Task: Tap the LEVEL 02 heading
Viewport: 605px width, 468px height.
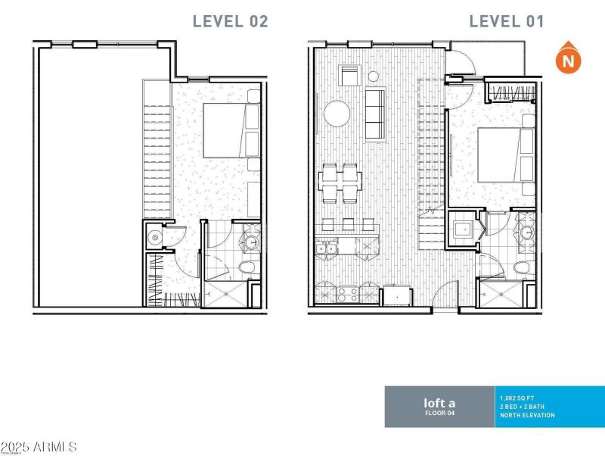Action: pos(230,21)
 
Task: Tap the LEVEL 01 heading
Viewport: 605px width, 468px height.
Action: pos(506,21)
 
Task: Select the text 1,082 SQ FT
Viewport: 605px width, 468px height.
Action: pos(517,397)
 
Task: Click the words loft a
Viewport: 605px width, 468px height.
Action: pos(439,403)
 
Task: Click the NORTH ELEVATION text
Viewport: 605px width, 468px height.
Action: pos(528,415)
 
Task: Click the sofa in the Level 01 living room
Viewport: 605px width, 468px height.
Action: pos(374,114)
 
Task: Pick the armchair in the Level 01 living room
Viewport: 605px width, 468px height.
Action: pos(350,76)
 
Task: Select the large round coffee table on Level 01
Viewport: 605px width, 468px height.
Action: pos(337,114)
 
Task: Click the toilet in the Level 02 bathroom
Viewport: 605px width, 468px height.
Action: pos(247,268)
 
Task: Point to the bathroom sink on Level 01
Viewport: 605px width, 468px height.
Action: pos(525,232)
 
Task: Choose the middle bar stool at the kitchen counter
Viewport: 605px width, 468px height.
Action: pos(348,224)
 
